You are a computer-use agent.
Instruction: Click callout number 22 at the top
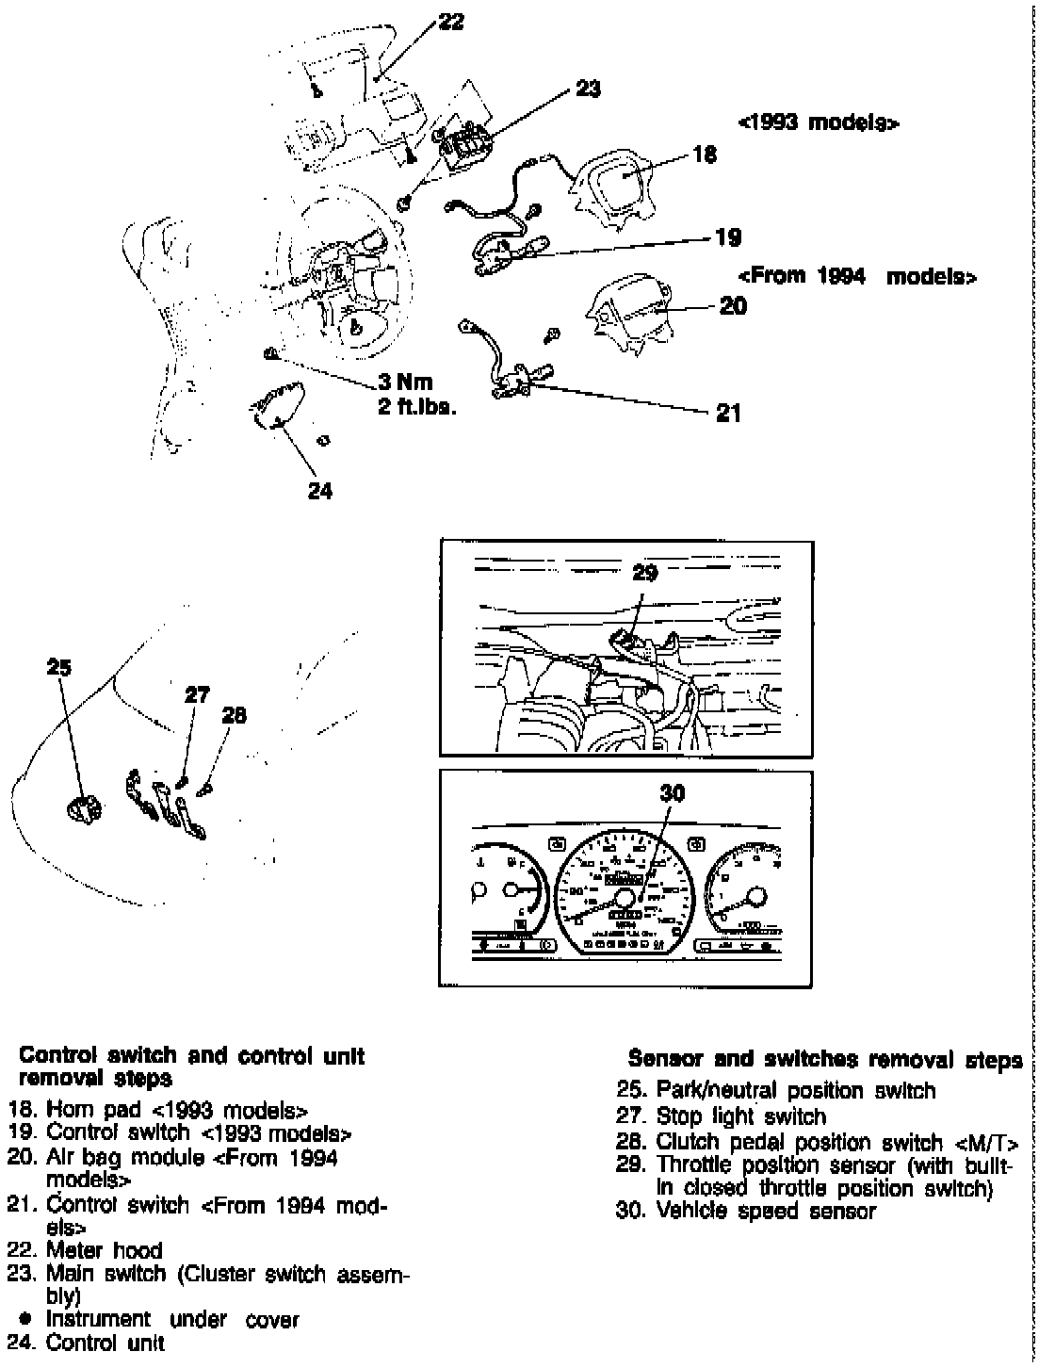pos(451,21)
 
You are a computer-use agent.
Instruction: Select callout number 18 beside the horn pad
pos(705,154)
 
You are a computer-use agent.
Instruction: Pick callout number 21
pos(728,413)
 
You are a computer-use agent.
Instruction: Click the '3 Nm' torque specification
pos(405,383)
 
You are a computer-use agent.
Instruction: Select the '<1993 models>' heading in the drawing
pos(818,123)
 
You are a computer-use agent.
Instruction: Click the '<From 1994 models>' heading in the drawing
pos(857,277)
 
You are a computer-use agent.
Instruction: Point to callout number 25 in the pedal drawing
pos(58,667)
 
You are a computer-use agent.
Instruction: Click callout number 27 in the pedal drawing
pos(197,695)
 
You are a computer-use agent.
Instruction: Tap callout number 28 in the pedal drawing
pos(234,715)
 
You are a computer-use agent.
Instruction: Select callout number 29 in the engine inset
pos(644,572)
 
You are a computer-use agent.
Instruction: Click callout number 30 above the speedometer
pos(672,793)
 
